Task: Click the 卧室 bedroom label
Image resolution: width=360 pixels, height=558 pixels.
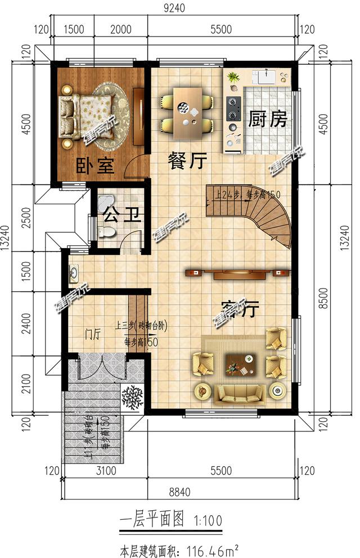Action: pyautogui.click(x=95, y=165)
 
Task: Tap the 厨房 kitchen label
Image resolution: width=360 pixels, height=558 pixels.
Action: pyautogui.click(x=268, y=120)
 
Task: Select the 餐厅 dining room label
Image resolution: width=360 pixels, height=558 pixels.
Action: pyautogui.click(x=187, y=162)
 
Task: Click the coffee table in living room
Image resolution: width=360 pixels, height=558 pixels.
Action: pyautogui.click(x=240, y=365)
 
